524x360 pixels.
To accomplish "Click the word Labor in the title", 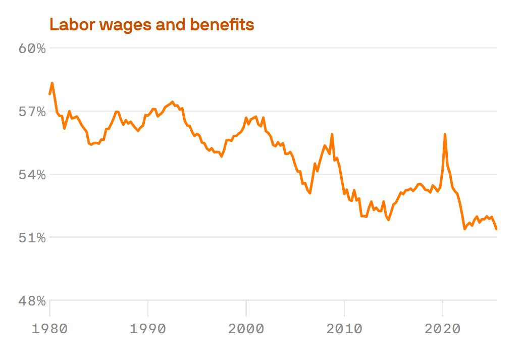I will click(x=68, y=25).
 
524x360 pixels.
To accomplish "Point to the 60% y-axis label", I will click(x=32, y=48).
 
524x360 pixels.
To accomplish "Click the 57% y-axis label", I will click(x=32, y=112).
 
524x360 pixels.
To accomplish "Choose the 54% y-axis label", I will click(x=32, y=175).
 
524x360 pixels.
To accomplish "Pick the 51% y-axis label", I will click(x=32, y=238).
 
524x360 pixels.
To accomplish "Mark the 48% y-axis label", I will click(x=32, y=301).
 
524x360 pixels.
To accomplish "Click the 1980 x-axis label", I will click(x=49, y=329).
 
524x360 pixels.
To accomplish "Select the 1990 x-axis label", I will click(x=148, y=329).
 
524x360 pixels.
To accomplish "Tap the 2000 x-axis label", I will click(x=246, y=329).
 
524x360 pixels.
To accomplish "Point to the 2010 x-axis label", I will click(x=344, y=329).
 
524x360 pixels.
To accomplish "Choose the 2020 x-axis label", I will click(x=442, y=329).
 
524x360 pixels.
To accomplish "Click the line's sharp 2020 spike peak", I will click(x=445, y=134).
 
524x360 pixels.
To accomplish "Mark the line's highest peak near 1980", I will click(x=52, y=83).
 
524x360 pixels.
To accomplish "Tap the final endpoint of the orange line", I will click(x=496, y=229).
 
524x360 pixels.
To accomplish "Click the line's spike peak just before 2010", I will click(x=332, y=134).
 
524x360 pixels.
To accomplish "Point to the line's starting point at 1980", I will click(x=49, y=94).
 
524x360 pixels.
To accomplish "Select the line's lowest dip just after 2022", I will click(x=464, y=229).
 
